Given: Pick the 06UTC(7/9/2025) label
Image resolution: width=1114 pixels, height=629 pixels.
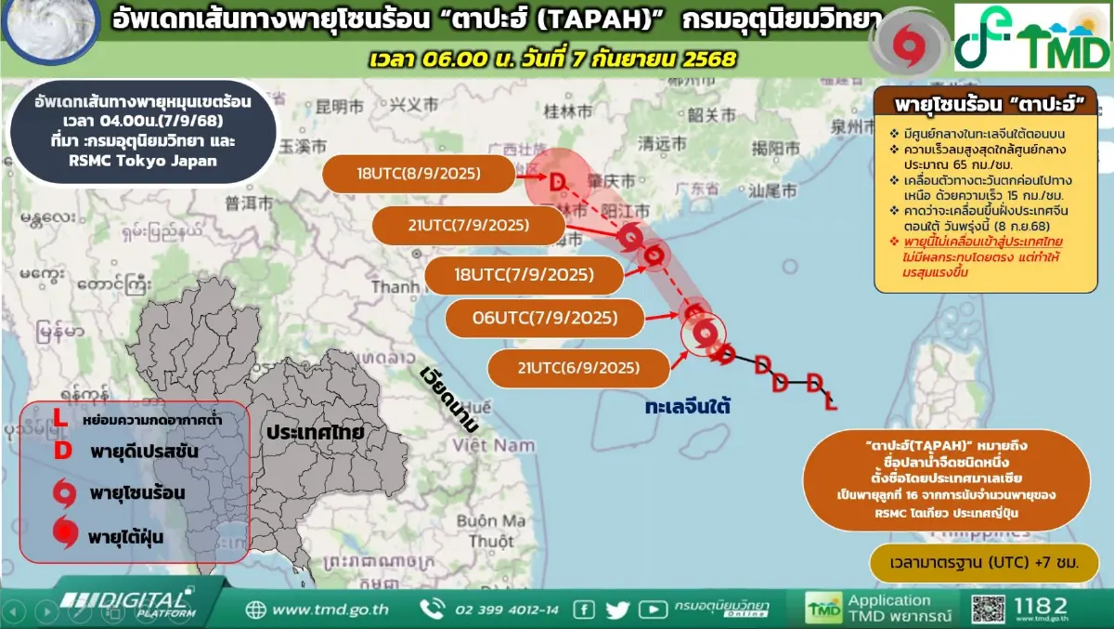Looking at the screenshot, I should coord(544,318).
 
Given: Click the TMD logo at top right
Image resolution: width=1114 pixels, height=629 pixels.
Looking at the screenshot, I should coord(1032,37).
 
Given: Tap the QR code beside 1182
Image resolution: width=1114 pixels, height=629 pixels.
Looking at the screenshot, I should coord(988,609).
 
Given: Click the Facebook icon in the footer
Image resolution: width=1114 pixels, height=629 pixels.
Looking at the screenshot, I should coord(584,609).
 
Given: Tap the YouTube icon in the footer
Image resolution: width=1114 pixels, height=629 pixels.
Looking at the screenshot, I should coord(653,609).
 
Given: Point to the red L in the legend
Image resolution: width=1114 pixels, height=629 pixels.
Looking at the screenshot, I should coord(59,419).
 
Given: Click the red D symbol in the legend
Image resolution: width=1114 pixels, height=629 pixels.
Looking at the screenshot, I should coord(62,452).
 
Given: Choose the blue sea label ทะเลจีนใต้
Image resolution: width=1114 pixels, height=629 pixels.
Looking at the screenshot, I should coord(688,406).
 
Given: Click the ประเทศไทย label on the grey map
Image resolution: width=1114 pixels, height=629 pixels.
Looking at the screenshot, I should coord(313,433).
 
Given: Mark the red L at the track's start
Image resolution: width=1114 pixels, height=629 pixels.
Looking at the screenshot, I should coord(831,402).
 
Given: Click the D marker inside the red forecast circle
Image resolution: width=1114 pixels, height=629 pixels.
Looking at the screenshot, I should coord(557,181).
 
